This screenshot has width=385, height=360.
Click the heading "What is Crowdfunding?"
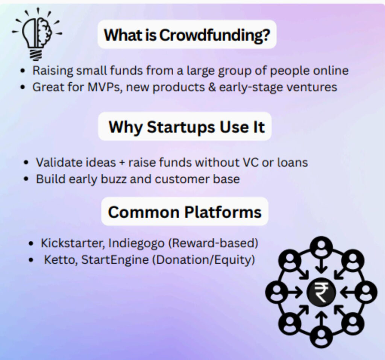coord(187,35)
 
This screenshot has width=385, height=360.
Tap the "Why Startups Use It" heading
coord(186,127)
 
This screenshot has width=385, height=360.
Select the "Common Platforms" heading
coord(185,212)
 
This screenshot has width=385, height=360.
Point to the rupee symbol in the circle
coord(321,292)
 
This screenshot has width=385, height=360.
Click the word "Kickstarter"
coord(71,243)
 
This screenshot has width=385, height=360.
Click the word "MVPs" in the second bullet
coord(105,87)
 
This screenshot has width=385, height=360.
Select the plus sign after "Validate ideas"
coord(122,163)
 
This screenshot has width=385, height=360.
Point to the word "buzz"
coord(114,179)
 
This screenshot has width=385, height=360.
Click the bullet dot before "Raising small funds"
coord(23,71)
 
